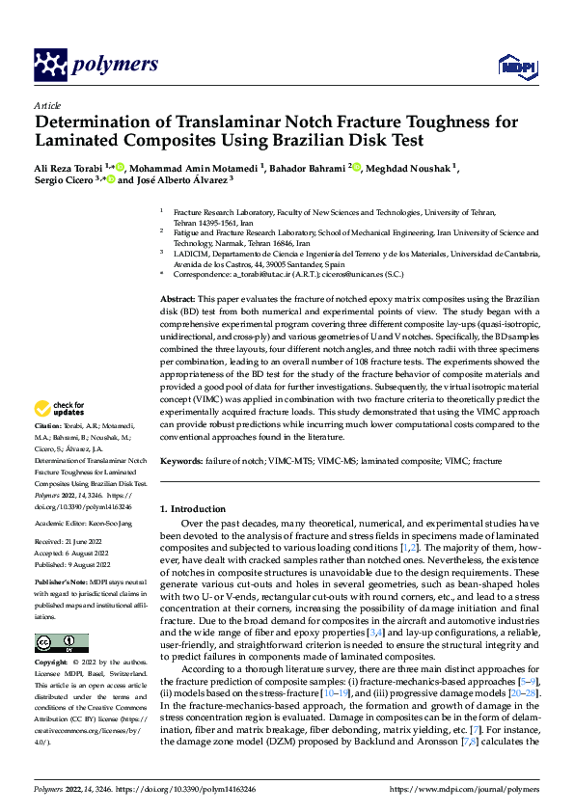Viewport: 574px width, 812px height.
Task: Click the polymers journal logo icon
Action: click(x=51, y=65)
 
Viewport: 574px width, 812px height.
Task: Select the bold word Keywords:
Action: click(x=180, y=462)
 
